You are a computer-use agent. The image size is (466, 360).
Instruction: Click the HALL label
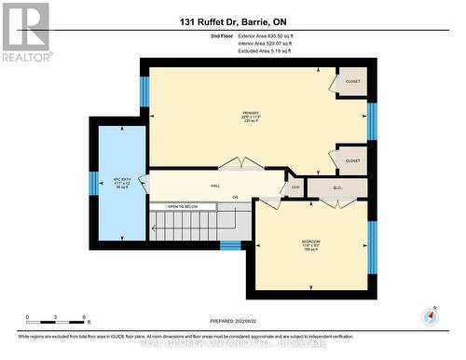(215, 187)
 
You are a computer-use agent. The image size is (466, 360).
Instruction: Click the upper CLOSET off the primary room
(352, 81)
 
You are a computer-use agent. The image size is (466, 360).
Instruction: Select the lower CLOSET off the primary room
(352, 160)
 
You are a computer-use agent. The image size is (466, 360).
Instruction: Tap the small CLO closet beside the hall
(295, 187)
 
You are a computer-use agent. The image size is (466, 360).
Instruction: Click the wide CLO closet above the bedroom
(336, 187)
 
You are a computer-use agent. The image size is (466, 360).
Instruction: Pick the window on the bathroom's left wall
(93, 183)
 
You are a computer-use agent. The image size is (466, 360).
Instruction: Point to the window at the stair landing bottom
(230, 245)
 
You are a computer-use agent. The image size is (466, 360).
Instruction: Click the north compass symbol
(430, 315)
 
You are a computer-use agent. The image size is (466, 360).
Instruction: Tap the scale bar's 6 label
(85, 318)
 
